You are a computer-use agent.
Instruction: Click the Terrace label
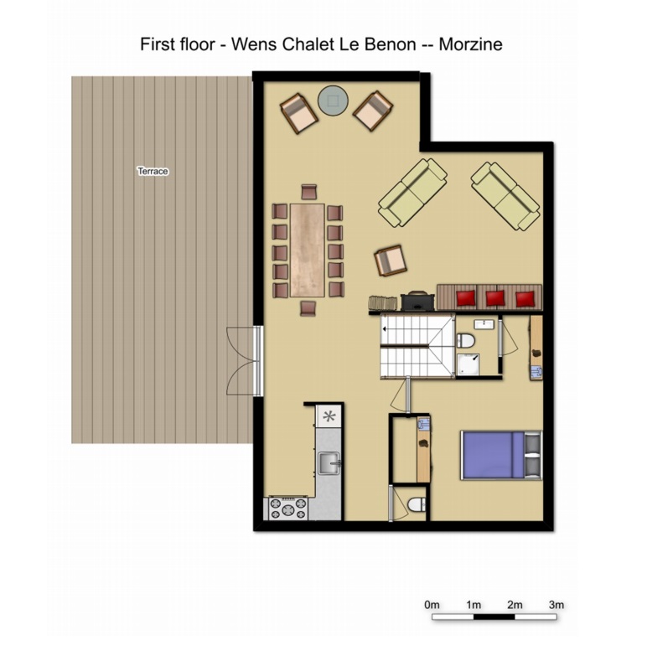[x=153, y=171]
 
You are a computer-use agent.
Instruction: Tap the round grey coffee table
[x=333, y=101]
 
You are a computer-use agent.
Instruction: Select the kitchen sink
[x=329, y=463]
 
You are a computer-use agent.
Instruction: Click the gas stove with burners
[x=288, y=509]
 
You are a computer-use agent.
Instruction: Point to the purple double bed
[x=501, y=456]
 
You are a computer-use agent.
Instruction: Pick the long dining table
[x=307, y=250]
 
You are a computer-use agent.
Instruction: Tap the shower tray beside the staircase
[x=468, y=365]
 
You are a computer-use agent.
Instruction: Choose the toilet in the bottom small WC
[x=417, y=504]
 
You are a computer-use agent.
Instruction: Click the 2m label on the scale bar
[x=515, y=604]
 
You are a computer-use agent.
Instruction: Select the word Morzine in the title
[x=470, y=44]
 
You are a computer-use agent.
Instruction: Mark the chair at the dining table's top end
[x=309, y=192]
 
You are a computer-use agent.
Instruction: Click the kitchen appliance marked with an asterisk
[x=329, y=416]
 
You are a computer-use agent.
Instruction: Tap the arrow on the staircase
[x=386, y=328]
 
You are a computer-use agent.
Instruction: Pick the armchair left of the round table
[x=298, y=113]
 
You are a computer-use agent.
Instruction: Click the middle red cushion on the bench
[x=495, y=298]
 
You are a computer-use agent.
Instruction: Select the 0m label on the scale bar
[x=432, y=604]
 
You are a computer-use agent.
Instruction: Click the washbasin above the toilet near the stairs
[x=484, y=324]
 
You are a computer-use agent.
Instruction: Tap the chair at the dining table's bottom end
[x=308, y=308]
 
